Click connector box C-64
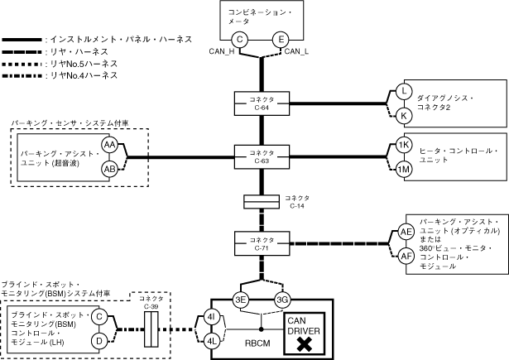(x=262, y=103)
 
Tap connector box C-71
(x=262, y=245)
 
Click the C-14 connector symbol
(x=262, y=202)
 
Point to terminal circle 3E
(x=241, y=300)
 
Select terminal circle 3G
(x=283, y=300)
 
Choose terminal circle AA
(x=109, y=145)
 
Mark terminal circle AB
(x=109, y=169)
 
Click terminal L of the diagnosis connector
(x=403, y=91)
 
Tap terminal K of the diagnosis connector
(x=403, y=116)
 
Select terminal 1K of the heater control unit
(x=403, y=145)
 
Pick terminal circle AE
(x=406, y=233)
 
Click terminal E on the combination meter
(x=281, y=39)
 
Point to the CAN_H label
(x=225, y=53)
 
